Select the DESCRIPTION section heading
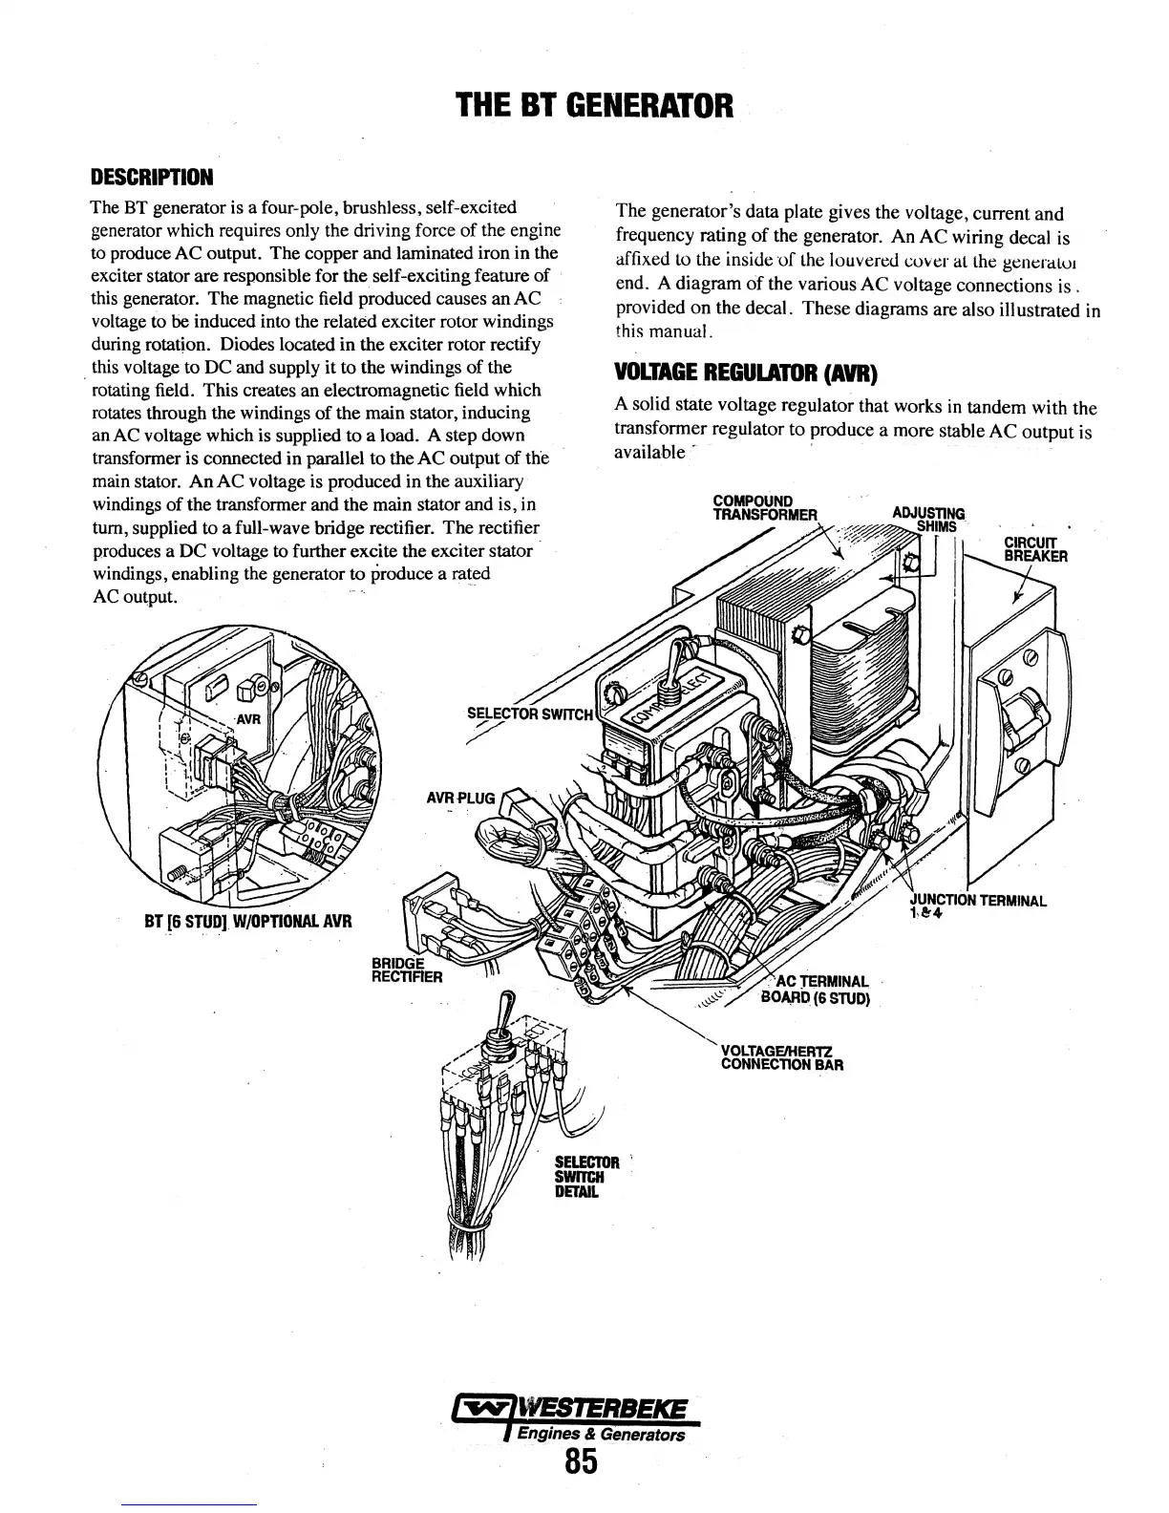(x=151, y=178)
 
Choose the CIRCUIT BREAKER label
(x=1035, y=550)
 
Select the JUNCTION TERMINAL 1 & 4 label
(x=977, y=906)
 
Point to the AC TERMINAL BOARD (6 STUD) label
(x=818, y=991)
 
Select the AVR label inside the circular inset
(x=248, y=719)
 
